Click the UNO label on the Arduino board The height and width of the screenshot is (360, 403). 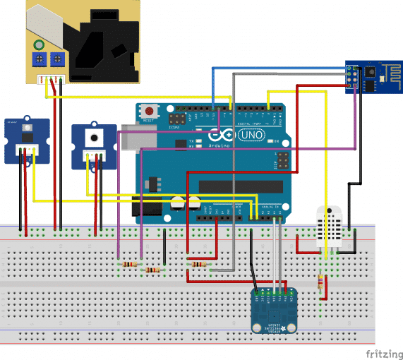point(252,134)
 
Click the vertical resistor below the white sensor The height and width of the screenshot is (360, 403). point(322,282)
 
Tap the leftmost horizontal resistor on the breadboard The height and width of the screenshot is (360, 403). point(128,264)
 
